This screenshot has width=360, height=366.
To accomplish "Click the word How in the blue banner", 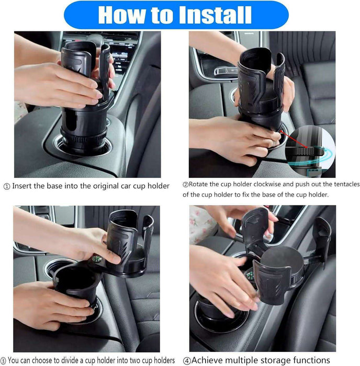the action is pos(122,15).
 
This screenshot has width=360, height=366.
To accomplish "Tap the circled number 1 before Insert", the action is pos(7,187).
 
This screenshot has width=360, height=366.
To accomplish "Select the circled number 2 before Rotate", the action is pos(185,185).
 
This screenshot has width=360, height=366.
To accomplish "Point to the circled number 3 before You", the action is pos(3,360).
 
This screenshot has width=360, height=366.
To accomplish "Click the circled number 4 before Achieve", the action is pos(187,361).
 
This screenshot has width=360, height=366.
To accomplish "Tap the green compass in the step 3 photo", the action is pos(96,258).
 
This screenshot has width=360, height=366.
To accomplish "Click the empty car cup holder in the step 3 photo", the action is pos(56,268).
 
